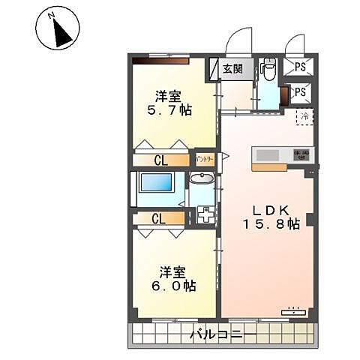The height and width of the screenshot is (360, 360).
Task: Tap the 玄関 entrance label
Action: pos(232,69)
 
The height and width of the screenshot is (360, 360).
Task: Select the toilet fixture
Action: pos(268,70)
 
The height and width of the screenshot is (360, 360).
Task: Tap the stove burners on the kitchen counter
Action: pos(301,155)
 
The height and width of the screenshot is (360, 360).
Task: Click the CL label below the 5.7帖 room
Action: pos(161,160)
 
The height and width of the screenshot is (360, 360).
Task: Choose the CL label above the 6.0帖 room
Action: pos(158,219)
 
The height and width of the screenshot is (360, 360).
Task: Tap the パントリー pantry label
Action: pos(205,159)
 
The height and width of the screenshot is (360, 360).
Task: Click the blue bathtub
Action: pos(157,186)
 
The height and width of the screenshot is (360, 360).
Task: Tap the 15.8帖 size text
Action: pos(271,224)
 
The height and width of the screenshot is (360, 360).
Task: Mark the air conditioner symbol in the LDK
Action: pos(293,308)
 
